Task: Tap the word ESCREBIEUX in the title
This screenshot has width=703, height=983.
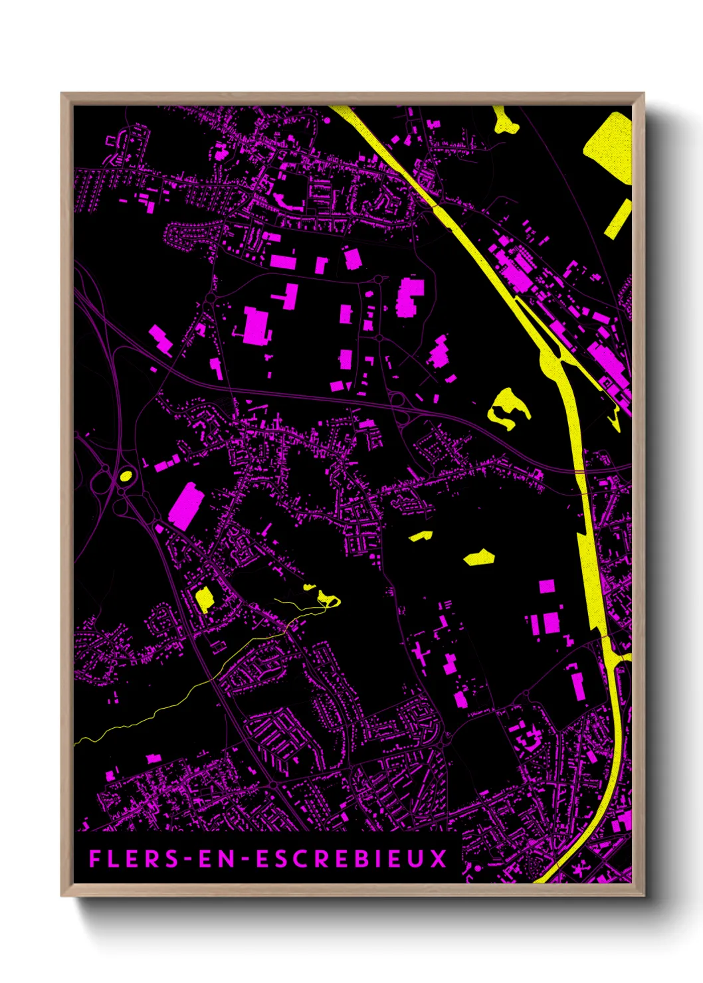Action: pos(352,859)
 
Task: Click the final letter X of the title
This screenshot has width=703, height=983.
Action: pos(439,859)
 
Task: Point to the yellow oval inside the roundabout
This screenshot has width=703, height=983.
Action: pos(125,476)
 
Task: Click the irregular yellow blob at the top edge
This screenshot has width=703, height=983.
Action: pos(506,121)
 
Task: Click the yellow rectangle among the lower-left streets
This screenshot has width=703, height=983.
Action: pos(205,598)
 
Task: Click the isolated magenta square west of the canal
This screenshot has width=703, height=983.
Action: pos(547,586)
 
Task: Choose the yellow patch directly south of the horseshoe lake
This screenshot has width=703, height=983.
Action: pos(479,557)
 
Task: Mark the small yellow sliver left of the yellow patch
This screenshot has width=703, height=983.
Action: pos(421,535)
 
